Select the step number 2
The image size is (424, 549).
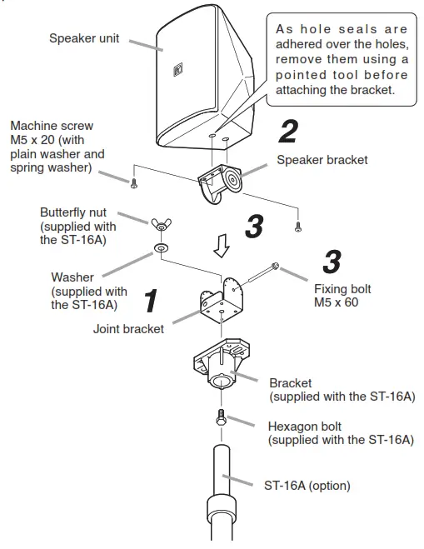pyautogui.click(x=287, y=132)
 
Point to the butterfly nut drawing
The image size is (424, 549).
pyautogui.click(x=160, y=225)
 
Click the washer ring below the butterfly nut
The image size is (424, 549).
pyautogui.click(x=160, y=248)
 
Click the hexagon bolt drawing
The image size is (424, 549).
pyautogui.click(x=221, y=418)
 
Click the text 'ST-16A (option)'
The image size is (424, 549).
pyautogui.click(x=307, y=486)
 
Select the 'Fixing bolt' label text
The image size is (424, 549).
pyautogui.click(x=342, y=289)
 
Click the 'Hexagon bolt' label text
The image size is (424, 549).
pyautogui.click(x=307, y=426)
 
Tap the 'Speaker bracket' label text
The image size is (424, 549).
pyautogui.click(x=322, y=160)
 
